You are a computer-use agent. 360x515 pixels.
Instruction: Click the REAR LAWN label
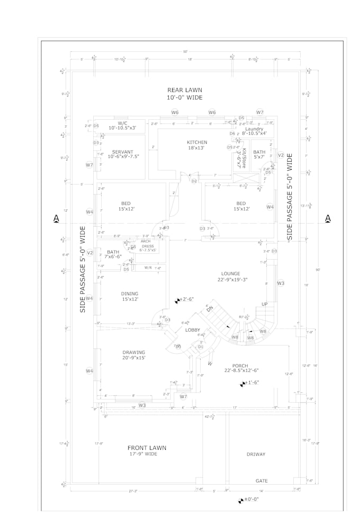(x=185, y=90)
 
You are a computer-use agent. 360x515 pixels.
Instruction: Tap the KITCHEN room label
(x=197, y=142)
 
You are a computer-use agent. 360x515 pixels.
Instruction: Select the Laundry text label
(x=254, y=129)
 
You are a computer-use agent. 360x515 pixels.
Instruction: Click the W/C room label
(x=123, y=123)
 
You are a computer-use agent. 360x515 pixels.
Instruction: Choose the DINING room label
(x=129, y=294)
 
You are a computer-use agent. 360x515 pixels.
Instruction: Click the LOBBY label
(x=192, y=330)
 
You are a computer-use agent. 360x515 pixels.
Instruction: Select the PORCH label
(x=241, y=366)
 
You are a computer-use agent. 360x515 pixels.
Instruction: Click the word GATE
(x=262, y=481)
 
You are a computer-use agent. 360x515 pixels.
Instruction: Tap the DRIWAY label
(x=256, y=454)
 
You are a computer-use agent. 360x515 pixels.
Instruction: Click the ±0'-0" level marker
(x=249, y=500)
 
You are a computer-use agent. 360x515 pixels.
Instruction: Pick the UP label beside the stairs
(x=265, y=304)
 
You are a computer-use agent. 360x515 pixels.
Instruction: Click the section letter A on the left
(x=56, y=218)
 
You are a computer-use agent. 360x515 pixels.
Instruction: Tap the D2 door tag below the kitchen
(x=194, y=181)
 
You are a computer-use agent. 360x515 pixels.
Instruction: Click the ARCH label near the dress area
(x=146, y=241)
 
